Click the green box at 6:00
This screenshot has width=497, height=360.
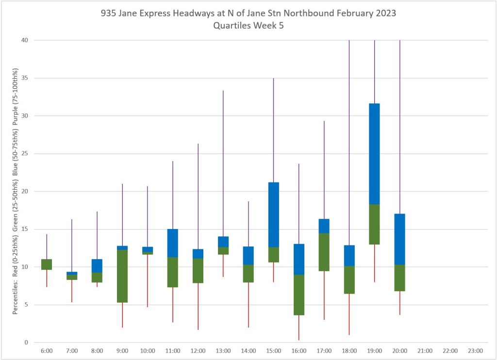[47, 264]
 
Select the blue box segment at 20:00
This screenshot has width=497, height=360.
[399, 239]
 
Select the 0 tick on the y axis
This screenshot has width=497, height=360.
[26, 343]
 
